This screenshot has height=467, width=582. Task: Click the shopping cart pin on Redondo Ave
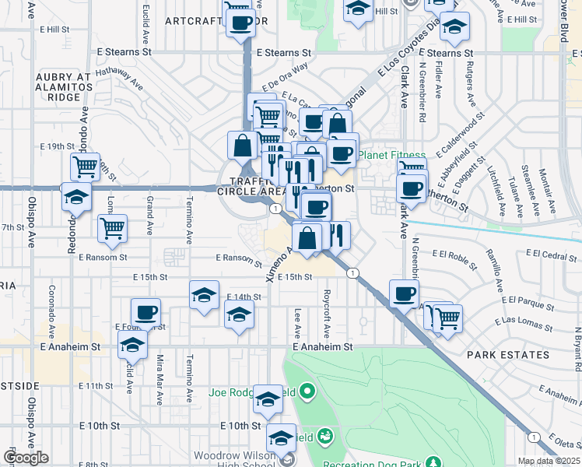click(85, 166)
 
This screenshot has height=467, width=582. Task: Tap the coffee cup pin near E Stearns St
click(242, 23)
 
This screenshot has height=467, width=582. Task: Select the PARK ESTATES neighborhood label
click(508, 355)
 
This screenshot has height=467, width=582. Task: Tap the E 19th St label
click(56, 146)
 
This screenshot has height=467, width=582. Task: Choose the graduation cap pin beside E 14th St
click(204, 295)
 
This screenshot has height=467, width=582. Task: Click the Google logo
click(26, 458)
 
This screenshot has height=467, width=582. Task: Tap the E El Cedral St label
click(552, 254)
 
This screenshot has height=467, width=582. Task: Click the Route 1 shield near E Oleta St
click(533, 437)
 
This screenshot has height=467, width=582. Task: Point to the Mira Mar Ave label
click(160, 386)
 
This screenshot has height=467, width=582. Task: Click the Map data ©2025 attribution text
click(549, 461)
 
